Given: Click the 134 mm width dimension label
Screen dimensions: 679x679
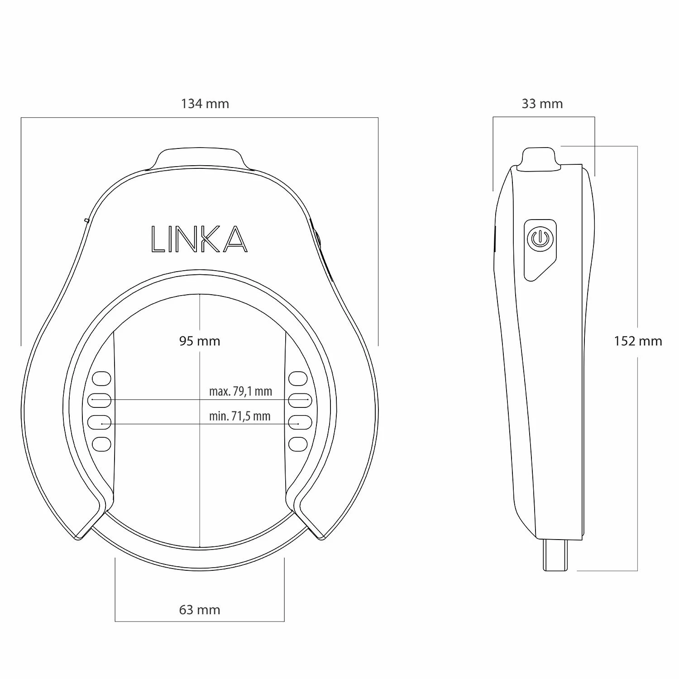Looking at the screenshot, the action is (x=205, y=104).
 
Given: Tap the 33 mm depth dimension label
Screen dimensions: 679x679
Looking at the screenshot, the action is (x=542, y=104).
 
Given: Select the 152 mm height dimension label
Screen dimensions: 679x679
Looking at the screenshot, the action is (x=638, y=341).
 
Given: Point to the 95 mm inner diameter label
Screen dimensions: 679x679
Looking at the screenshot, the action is (x=200, y=341).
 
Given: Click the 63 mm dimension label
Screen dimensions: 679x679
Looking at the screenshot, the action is (x=200, y=610).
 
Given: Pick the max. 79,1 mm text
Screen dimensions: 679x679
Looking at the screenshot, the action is (x=240, y=391).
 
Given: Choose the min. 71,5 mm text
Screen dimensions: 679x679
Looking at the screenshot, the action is (x=239, y=416).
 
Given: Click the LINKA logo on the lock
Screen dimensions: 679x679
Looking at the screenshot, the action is (x=199, y=239).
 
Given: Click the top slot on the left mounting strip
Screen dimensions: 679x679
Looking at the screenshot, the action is (x=101, y=378).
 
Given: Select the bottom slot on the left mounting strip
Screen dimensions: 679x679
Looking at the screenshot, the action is (x=101, y=444).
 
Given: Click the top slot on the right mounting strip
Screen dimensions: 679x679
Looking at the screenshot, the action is (x=298, y=378).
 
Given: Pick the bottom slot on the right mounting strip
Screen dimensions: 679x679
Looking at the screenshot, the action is (x=298, y=444).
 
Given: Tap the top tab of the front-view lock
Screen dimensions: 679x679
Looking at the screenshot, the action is (x=200, y=158).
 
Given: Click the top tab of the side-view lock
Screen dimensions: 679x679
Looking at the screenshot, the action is (x=540, y=159).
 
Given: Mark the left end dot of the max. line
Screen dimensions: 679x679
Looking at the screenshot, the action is (x=92, y=400).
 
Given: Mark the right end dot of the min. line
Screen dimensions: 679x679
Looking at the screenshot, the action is (x=298, y=424).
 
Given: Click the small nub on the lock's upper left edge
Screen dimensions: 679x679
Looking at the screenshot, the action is (x=86, y=220).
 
